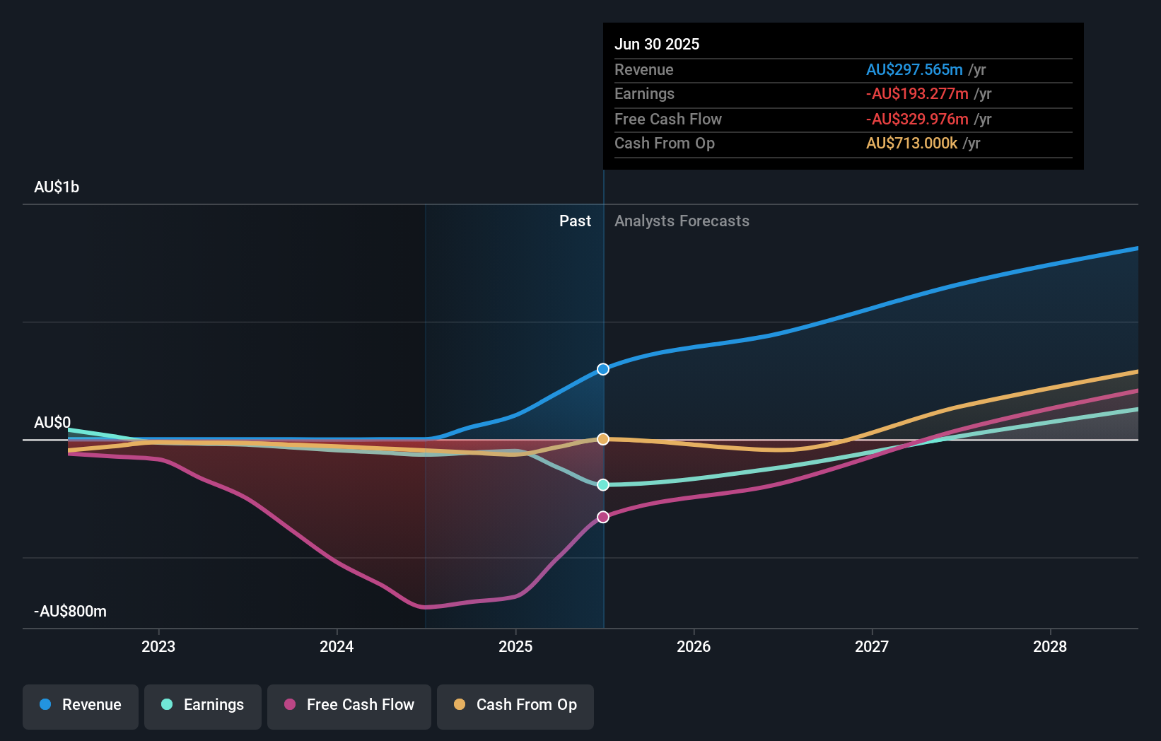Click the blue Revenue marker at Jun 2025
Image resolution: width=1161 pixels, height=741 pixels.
tap(603, 369)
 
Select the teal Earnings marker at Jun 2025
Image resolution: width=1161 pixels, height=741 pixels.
tap(603, 485)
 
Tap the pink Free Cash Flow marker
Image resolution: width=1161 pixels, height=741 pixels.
tap(603, 517)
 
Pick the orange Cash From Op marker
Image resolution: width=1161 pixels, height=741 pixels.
tap(603, 439)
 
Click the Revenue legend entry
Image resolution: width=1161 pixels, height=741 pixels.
tap(81, 705)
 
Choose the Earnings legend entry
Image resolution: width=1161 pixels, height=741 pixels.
tap(203, 705)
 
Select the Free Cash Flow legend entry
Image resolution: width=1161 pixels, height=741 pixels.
tap(349, 705)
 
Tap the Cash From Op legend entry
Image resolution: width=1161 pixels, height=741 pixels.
tap(515, 705)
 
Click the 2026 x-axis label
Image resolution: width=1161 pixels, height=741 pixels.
tap(694, 646)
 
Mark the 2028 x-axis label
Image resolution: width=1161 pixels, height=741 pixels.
tap(1050, 646)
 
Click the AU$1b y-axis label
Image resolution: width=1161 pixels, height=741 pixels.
tap(57, 187)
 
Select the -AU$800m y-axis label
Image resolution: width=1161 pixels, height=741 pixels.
tap(71, 612)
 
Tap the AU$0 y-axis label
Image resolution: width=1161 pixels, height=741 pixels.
tap(52, 423)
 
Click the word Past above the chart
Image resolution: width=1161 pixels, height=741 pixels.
tap(575, 221)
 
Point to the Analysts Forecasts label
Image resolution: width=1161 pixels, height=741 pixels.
tap(682, 221)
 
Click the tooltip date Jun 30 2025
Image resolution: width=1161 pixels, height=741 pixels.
tap(657, 44)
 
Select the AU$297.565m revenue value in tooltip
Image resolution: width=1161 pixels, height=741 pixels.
tap(914, 70)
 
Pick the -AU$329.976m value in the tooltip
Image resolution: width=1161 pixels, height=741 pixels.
tap(917, 119)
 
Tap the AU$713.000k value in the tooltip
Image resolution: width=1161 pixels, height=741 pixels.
tap(911, 144)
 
